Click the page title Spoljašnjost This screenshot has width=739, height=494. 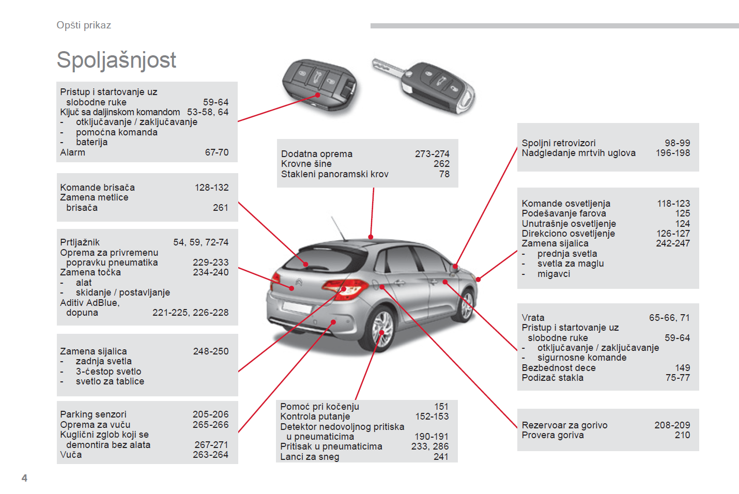pos(116,60)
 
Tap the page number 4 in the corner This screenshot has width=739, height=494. pos(24,478)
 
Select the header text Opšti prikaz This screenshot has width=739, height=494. pos(84,25)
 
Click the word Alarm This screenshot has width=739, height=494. pos(72,152)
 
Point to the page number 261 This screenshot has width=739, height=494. pos(221,208)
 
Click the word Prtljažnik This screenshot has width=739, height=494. pos(80,242)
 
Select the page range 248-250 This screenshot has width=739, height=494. pos(211,351)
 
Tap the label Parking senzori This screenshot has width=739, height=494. pos(94,414)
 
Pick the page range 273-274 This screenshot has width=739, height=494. pos(432,153)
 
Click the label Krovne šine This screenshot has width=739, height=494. pos(306,164)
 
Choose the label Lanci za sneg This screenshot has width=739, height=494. pos(310,457)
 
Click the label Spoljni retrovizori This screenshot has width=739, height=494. pos(559,143)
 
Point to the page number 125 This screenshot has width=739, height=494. pos(683,213)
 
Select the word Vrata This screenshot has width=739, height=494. pos(533,318)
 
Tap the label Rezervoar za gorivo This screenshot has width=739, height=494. pos(564,425)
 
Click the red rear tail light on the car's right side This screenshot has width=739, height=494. pos(346,288)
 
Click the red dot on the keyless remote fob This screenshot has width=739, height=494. pos(318,95)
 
